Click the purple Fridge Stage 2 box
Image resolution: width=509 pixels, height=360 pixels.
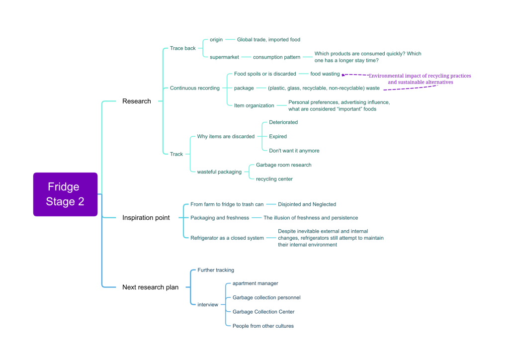click(65, 194)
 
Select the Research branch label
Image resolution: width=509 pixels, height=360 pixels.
click(137, 101)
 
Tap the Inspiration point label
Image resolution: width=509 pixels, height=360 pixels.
click(146, 218)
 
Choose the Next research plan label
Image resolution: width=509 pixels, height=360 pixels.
click(150, 287)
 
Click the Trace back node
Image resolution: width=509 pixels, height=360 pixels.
click(183, 48)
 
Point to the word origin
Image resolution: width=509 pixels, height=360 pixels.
click(216, 40)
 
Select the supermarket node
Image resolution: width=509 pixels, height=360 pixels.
click(224, 57)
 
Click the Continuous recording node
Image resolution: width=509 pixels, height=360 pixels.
click(195, 88)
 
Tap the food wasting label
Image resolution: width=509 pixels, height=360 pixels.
click(325, 74)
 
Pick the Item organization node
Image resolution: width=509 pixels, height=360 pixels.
click(254, 105)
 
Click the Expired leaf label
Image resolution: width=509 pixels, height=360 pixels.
click(278, 136)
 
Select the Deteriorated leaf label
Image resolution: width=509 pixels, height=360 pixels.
click(283, 122)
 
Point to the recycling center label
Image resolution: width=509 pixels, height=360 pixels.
click(274, 179)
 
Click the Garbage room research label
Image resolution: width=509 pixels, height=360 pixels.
click(284, 165)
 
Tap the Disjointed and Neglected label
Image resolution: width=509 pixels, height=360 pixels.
click(307, 204)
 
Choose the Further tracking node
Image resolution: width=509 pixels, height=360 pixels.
click(216, 270)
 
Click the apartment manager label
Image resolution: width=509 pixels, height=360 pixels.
click(255, 283)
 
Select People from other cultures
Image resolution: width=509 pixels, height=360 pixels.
click(263, 326)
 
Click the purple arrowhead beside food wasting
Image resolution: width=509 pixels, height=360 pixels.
click(343, 75)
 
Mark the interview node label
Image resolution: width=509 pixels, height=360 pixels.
click(208, 305)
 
